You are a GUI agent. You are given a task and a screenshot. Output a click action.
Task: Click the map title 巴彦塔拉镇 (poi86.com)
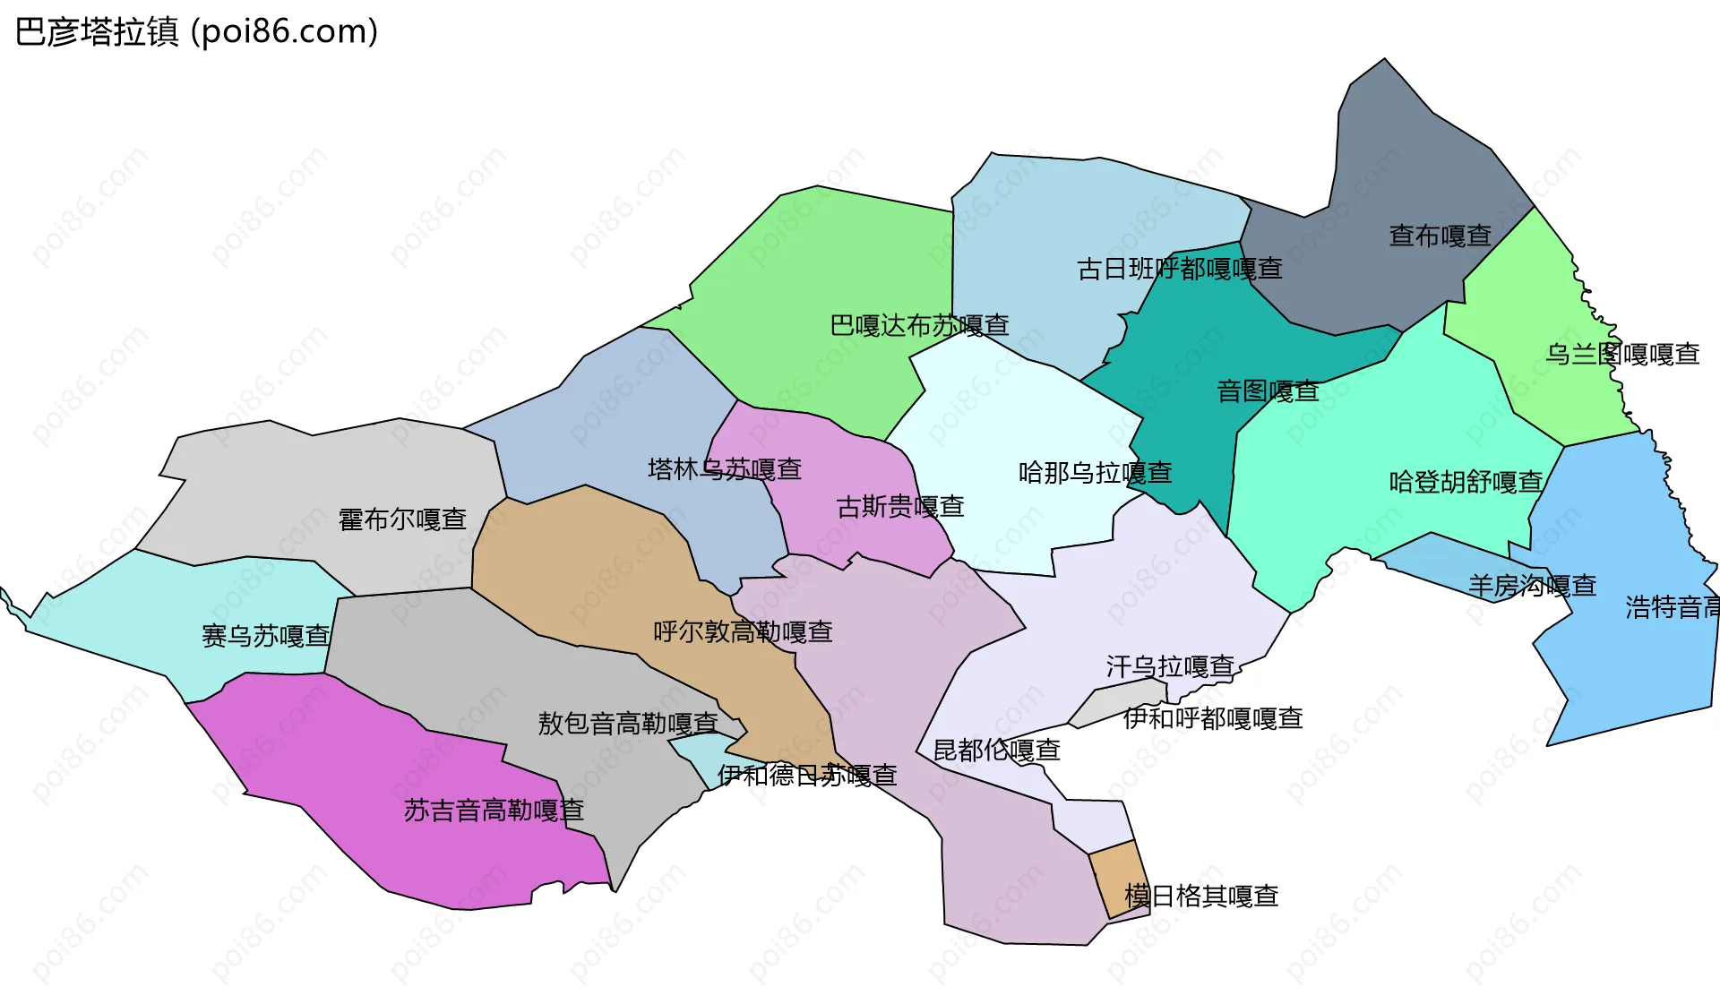click(197, 32)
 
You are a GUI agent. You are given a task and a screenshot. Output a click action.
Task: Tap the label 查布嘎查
click(1440, 236)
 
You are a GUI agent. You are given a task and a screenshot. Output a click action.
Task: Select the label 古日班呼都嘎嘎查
click(1179, 269)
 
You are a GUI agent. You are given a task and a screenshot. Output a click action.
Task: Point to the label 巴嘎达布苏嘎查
click(919, 325)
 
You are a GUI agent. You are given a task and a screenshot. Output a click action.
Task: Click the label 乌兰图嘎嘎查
click(1622, 355)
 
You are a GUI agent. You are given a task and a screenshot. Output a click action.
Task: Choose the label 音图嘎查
click(1268, 391)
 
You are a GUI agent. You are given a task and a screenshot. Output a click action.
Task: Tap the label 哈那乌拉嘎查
click(1095, 473)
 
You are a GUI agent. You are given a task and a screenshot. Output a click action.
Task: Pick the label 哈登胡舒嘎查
click(1466, 482)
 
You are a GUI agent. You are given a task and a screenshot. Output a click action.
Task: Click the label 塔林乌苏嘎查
click(724, 469)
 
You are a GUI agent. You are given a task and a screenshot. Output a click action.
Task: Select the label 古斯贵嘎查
click(899, 507)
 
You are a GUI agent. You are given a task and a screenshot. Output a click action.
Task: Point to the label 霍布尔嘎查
click(402, 519)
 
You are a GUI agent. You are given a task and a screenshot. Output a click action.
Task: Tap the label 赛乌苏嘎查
click(265, 636)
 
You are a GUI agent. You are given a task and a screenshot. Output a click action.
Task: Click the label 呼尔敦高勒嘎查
click(743, 632)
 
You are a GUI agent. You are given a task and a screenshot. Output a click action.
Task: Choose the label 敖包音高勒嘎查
click(627, 723)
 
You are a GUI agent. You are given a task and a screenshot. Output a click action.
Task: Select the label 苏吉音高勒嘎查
click(494, 811)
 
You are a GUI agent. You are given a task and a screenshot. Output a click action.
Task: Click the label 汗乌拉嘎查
click(1170, 666)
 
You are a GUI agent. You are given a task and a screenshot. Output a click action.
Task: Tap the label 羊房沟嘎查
click(1532, 586)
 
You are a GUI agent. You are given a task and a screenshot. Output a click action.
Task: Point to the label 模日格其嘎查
click(1201, 896)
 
